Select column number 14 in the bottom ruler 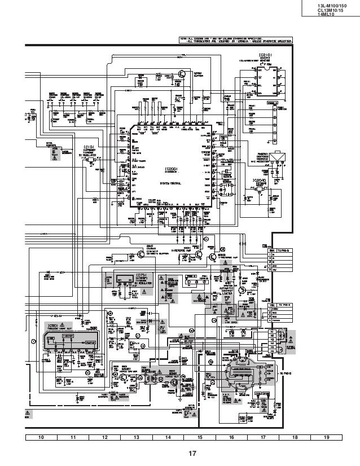tap(168, 437)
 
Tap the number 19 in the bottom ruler tap(327, 437)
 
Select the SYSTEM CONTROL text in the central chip tap(171, 183)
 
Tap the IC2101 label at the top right tap(266, 55)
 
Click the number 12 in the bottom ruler tap(104, 437)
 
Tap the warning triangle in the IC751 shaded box tap(144, 292)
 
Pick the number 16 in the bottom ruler tap(231, 437)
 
